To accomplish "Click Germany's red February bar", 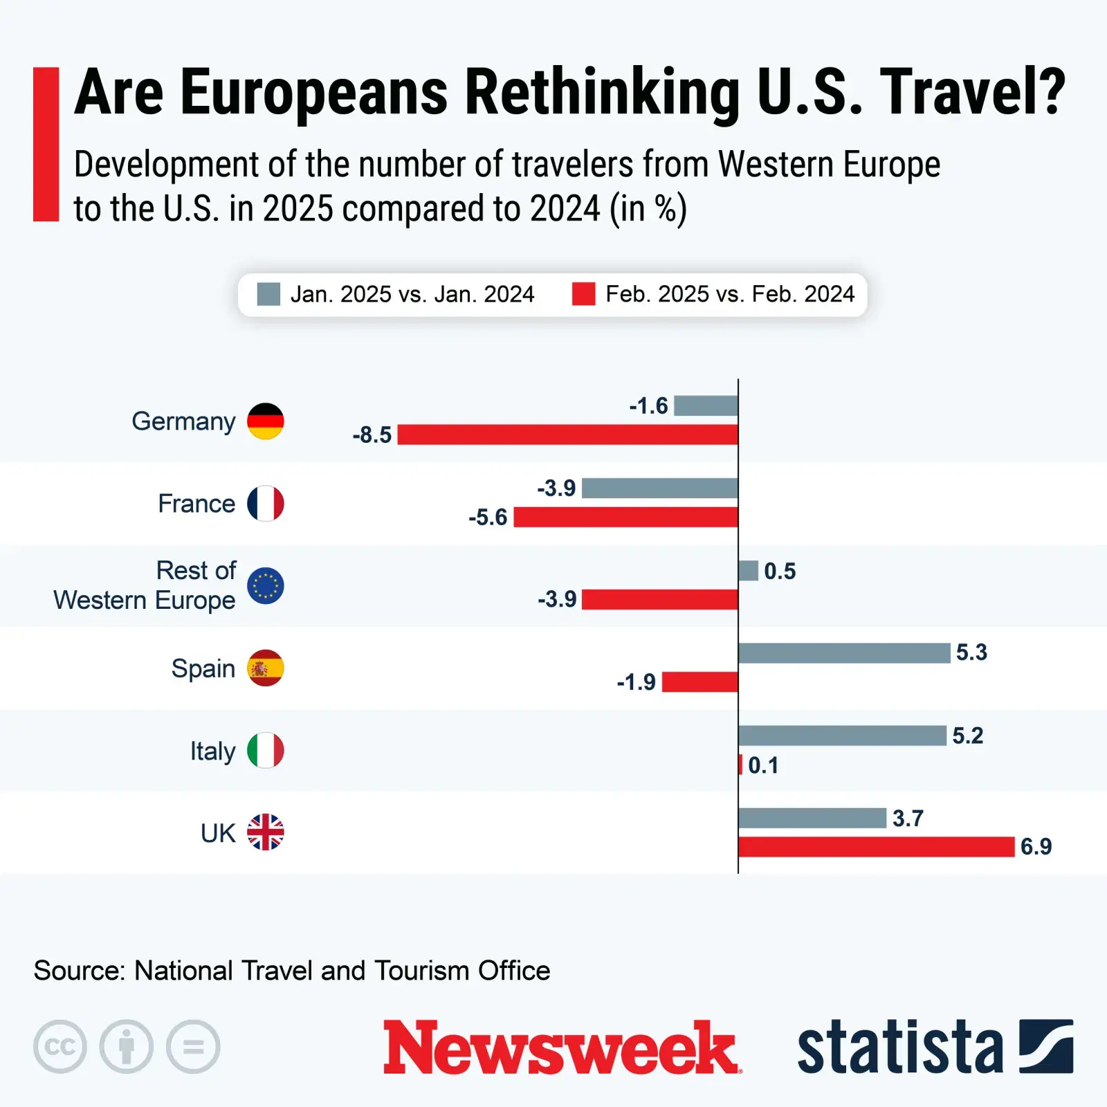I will click(567, 434).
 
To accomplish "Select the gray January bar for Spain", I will click(844, 652).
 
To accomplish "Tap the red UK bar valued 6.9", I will click(876, 846).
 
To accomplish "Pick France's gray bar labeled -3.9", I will click(659, 488).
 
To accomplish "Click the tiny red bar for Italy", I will click(740, 765).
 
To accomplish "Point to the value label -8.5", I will click(372, 435).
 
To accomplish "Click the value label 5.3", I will click(971, 652).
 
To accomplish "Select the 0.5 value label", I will click(780, 571).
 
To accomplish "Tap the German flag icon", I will click(266, 421).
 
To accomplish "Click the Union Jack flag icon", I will click(266, 832).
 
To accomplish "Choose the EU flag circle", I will click(266, 586).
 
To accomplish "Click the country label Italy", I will click(212, 751).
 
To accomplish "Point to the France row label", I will click(196, 504).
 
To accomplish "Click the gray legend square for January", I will click(268, 294).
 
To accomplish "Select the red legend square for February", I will click(583, 294).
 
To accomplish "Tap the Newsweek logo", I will click(562, 1047).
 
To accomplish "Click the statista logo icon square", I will click(1046, 1046).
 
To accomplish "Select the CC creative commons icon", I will click(60, 1047).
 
